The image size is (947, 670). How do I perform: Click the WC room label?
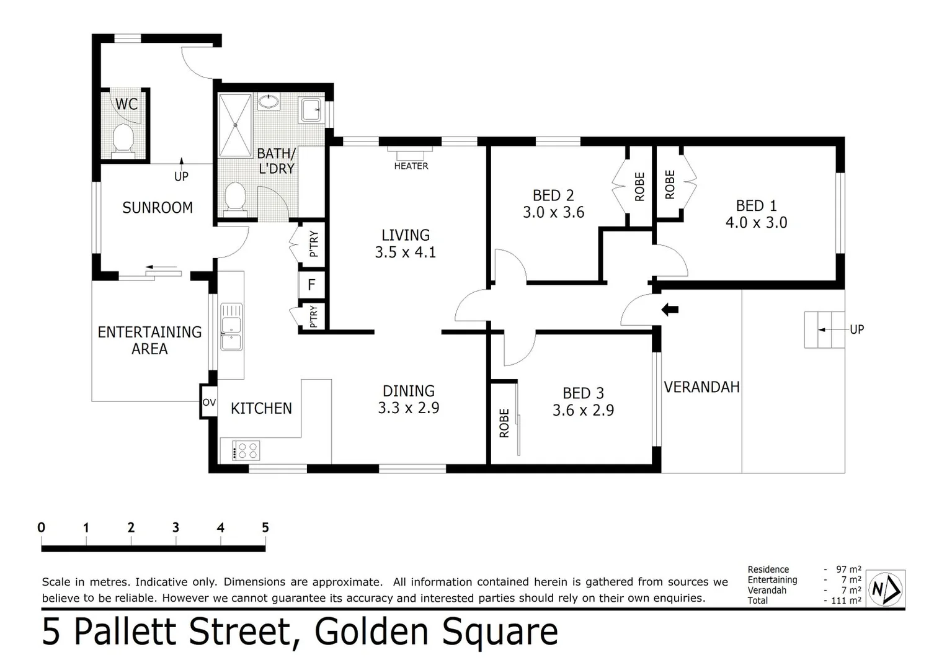(127, 104)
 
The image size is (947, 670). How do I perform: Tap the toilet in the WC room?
(123, 138)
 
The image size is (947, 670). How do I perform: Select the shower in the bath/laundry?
(236, 125)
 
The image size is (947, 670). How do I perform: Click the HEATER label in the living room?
(411, 166)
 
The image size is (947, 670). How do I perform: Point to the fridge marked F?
(312, 285)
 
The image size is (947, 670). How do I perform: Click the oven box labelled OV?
(209, 402)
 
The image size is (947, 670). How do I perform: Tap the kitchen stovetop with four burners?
(246, 450)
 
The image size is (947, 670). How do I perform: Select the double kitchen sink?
(231, 326)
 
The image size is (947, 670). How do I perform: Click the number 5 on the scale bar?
(265, 527)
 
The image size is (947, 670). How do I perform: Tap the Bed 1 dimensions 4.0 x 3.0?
(756, 223)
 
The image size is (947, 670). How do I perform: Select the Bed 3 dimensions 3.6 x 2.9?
(583, 410)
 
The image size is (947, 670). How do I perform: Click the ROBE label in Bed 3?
(504, 422)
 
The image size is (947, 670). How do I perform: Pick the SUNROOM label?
(158, 207)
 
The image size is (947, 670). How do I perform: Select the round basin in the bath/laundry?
(269, 101)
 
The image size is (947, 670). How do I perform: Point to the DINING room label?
(408, 391)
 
